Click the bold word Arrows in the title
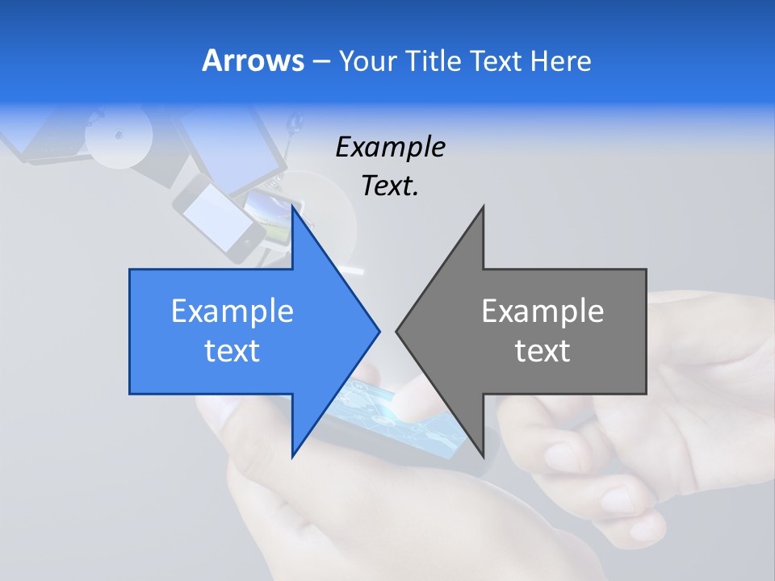[x=253, y=61]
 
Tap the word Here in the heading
[x=560, y=61]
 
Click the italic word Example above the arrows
[x=390, y=147]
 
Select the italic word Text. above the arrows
[x=390, y=186]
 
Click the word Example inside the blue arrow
[x=232, y=311]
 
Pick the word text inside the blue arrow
[x=232, y=351]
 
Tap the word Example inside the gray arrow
[x=542, y=311]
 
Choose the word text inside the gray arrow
[x=542, y=351]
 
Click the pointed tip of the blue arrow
[x=379, y=331]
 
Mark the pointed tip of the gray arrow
[x=396, y=331]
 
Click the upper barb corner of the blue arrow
[x=292, y=207]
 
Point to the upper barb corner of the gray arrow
[x=483, y=207]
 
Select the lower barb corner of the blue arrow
[x=292, y=456]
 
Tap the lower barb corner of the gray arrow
[x=483, y=456]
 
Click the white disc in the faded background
[x=119, y=135]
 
